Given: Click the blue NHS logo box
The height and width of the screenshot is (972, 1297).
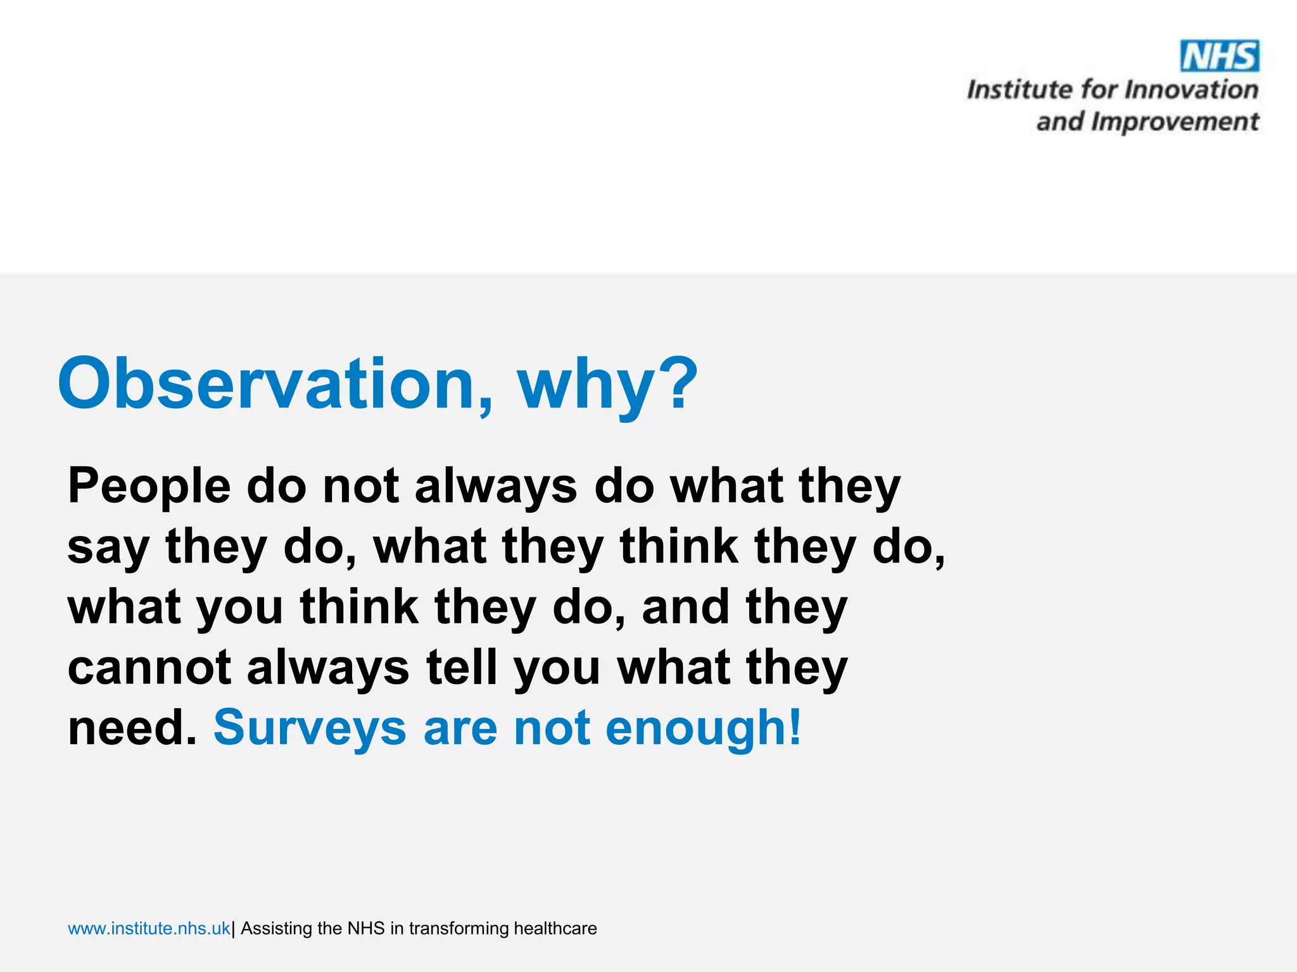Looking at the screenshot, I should [x=1219, y=56].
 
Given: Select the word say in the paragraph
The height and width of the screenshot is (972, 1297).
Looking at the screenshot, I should [x=108, y=548].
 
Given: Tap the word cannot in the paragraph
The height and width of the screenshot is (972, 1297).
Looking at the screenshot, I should [x=149, y=668].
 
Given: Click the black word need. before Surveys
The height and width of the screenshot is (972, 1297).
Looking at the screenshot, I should [x=132, y=728].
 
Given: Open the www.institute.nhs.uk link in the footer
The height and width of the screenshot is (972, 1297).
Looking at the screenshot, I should [x=149, y=928].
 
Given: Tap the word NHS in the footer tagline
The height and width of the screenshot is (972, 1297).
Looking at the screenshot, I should [x=366, y=928].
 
